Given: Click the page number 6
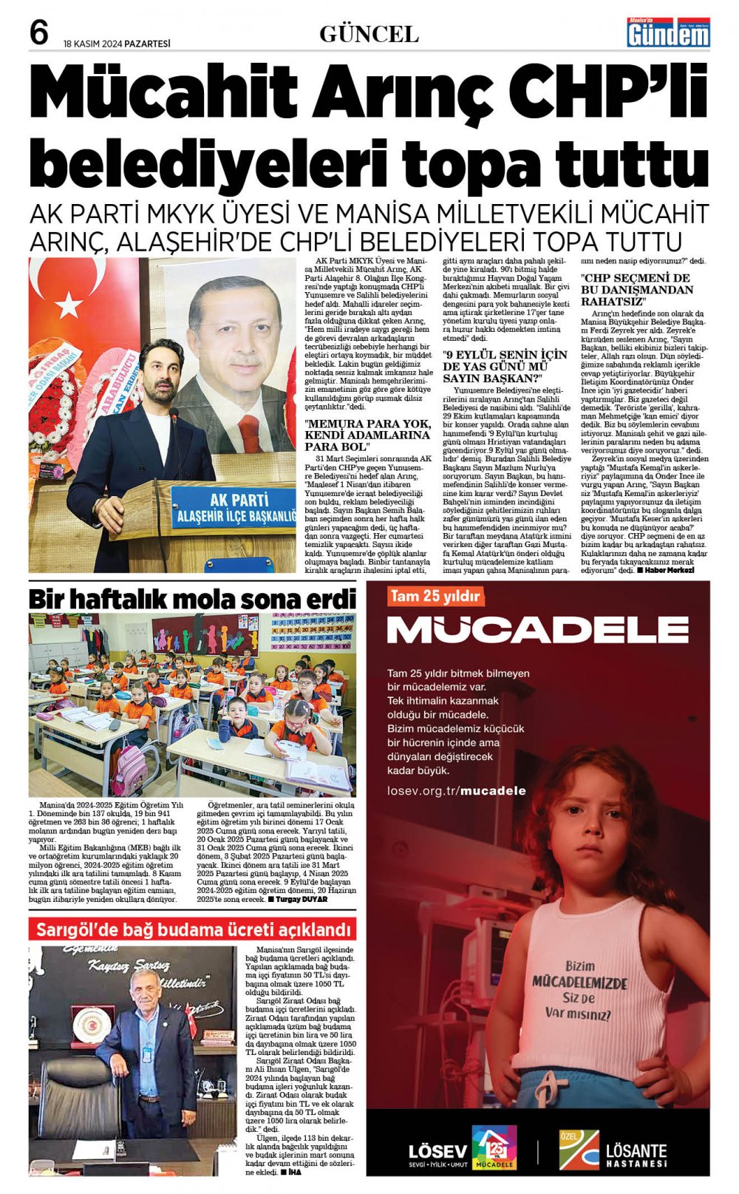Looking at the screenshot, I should tap(39, 33).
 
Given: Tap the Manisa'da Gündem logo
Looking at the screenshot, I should tap(668, 33).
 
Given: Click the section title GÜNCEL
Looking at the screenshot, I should tap(369, 34).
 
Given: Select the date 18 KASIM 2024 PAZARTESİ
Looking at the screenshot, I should tap(117, 44).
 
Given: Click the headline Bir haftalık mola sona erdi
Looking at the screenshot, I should tap(192, 598).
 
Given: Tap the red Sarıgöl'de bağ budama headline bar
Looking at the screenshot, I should tap(192, 929).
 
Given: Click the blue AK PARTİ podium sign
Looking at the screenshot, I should tap(233, 506).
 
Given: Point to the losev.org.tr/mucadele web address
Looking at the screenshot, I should tap(456, 791).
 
